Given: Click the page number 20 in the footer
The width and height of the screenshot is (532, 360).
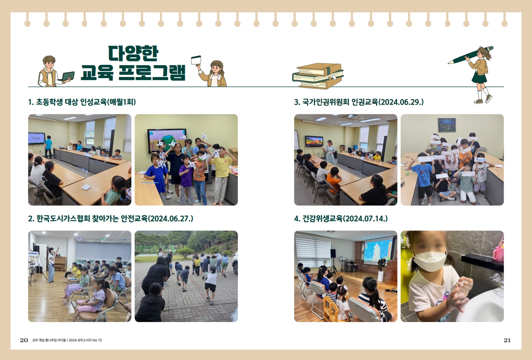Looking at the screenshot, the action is tap(24, 340).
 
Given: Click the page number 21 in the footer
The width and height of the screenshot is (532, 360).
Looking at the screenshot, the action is tap(507, 340).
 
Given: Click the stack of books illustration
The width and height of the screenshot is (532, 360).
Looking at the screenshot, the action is tap(318, 76).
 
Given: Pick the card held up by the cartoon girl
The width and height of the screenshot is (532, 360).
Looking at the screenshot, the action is tap(196, 60).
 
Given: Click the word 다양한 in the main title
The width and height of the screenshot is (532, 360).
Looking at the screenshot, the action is tap(133, 53).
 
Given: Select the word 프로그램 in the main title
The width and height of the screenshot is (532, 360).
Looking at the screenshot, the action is tap(152, 72).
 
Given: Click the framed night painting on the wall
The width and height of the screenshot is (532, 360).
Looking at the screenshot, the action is tap(447, 125).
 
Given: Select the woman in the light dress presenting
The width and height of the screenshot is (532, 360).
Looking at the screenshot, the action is tap(330, 152).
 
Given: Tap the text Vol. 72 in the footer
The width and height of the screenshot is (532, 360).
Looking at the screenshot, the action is tap(97, 340).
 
